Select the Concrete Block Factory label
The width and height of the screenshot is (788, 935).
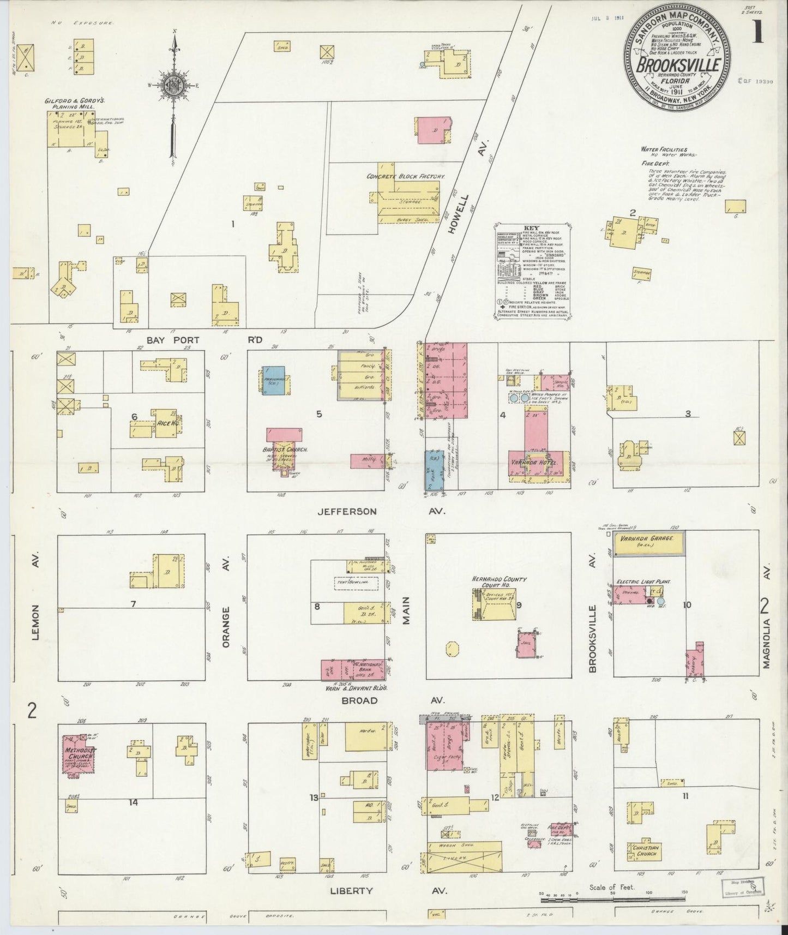click(x=406, y=177)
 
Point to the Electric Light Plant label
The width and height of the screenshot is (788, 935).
click(x=641, y=583)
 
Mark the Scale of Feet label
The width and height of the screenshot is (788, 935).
click(x=612, y=888)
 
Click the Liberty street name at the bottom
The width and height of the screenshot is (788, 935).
click(x=352, y=891)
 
